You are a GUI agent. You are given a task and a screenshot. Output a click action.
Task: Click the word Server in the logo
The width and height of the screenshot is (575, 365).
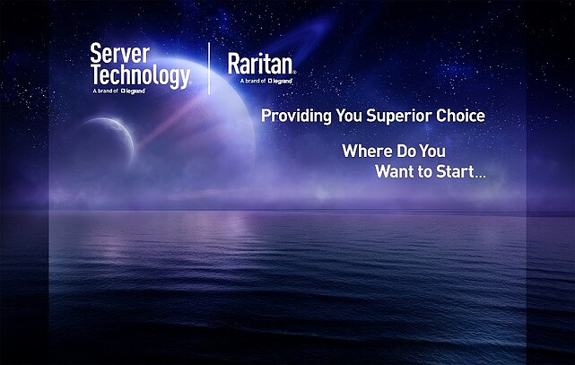click(120, 54)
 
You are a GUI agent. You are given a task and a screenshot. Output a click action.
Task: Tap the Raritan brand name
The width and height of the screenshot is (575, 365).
click(260, 64)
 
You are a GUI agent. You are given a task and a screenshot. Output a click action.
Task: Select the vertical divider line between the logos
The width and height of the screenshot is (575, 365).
click(209, 68)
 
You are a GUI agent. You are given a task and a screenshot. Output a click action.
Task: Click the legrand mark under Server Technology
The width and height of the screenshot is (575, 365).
click(134, 91)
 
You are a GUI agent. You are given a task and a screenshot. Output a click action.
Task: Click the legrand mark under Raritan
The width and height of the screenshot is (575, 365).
click(280, 81)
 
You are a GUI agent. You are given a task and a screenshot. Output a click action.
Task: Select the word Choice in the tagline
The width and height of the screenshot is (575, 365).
click(460, 116)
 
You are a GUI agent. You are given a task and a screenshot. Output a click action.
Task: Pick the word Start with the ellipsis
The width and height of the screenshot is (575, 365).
click(460, 171)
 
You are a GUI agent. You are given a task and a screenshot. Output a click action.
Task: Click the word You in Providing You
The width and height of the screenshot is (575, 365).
click(349, 116)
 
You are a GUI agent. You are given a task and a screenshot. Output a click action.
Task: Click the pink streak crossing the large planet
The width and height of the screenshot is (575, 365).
click(172, 121)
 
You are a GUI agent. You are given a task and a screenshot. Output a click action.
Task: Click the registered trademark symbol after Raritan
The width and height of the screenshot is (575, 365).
click(294, 72)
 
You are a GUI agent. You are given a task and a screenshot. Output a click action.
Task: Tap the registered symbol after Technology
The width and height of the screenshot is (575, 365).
click(189, 82)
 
